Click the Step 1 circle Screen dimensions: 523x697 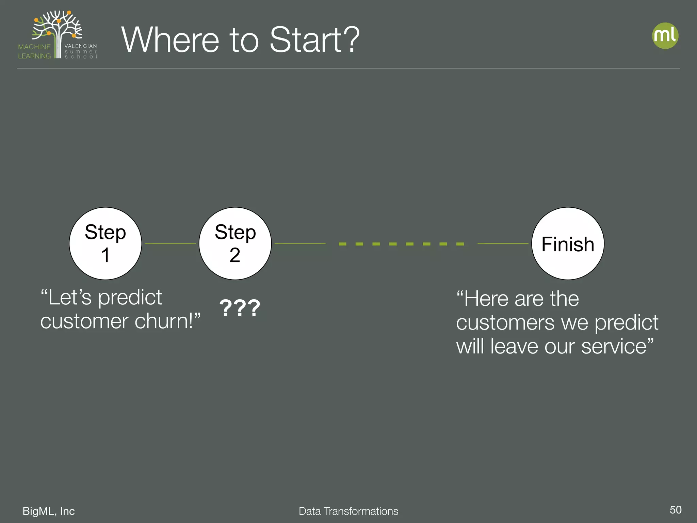point(106,243)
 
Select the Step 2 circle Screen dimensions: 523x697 point(235,243)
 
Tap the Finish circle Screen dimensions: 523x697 point(568,243)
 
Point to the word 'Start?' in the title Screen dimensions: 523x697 point(314,40)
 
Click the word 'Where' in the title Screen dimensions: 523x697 point(170,40)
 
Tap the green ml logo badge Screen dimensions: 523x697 point(665,36)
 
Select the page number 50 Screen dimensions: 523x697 point(675,510)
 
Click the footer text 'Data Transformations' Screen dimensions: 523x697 point(348,511)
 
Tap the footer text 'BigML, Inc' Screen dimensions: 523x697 point(49,511)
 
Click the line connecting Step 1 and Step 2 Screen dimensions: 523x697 point(170,243)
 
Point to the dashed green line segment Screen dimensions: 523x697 point(401,244)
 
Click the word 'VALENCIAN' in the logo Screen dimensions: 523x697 point(81,46)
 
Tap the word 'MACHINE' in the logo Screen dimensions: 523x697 point(34,47)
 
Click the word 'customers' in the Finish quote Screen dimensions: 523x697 point(505,322)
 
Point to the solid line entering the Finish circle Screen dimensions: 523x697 point(503,243)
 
